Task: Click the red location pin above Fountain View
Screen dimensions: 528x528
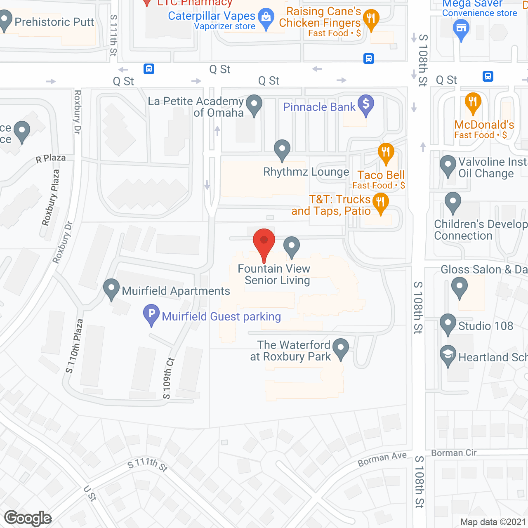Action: pos(264,241)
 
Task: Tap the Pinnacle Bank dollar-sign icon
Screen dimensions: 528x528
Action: pos(365,104)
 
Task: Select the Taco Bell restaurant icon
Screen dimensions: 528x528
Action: pos(386,152)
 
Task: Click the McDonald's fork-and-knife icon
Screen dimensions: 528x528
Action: pos(473,101)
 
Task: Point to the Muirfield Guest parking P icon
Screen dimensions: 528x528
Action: pos(151,314)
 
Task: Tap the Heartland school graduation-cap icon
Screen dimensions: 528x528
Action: pos(448,355)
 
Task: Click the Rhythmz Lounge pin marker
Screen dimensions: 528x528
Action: pos(282,149)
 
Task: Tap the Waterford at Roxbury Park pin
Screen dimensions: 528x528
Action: pos(341,348)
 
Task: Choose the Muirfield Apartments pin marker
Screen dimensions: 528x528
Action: pos(111,288)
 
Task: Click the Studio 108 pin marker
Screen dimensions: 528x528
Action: pos(448,323)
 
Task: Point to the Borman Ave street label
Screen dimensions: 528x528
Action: pos(382,459)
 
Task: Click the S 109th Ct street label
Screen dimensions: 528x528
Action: pos(169,379)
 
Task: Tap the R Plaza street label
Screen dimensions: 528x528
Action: pos(50,158)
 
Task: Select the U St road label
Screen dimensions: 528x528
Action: pos(90,493)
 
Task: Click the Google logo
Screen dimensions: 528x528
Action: pos(28,518)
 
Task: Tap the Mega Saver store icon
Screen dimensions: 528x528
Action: pos(461,29)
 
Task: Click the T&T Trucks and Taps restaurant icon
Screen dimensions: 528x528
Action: pos(380,203)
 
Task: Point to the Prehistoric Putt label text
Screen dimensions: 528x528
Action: pos(54,22)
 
